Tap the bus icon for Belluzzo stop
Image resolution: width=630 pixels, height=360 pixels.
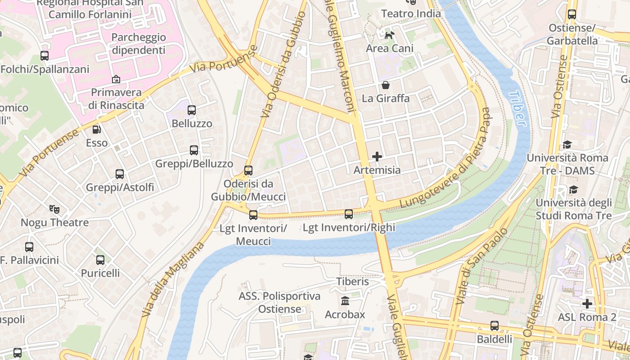[x=192, y=110]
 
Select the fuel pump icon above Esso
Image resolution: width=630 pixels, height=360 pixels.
[x=97, y=130]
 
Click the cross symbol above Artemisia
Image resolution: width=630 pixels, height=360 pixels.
[x=377, y=157]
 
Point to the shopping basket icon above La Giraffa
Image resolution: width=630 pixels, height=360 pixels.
[x=386, y=85]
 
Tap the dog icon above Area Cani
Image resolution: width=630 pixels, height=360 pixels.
[x=389, y=35]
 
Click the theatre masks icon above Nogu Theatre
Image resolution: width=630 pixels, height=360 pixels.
[x=54, y=209]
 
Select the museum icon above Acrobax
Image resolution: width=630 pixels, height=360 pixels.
[x=345, y=301]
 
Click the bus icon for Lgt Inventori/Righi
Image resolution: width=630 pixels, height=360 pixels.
[x=349, y=214]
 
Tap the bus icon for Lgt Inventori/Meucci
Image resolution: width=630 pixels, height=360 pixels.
[x=253, y=215]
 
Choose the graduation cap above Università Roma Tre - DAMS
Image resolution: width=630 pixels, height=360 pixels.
[x=567, y=144]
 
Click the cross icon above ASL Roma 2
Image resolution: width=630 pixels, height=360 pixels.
[x=587, y=304]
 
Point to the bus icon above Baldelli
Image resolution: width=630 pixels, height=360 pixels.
[x=495, y=325]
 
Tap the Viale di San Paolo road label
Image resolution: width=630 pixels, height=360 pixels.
[x=481, y=266]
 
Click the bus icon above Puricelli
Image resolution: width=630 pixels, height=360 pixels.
[x=100, y=260]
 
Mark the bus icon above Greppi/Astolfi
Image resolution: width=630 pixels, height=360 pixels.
[x=120, y=174]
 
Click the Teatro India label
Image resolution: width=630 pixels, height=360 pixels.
[x=411, y=13]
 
